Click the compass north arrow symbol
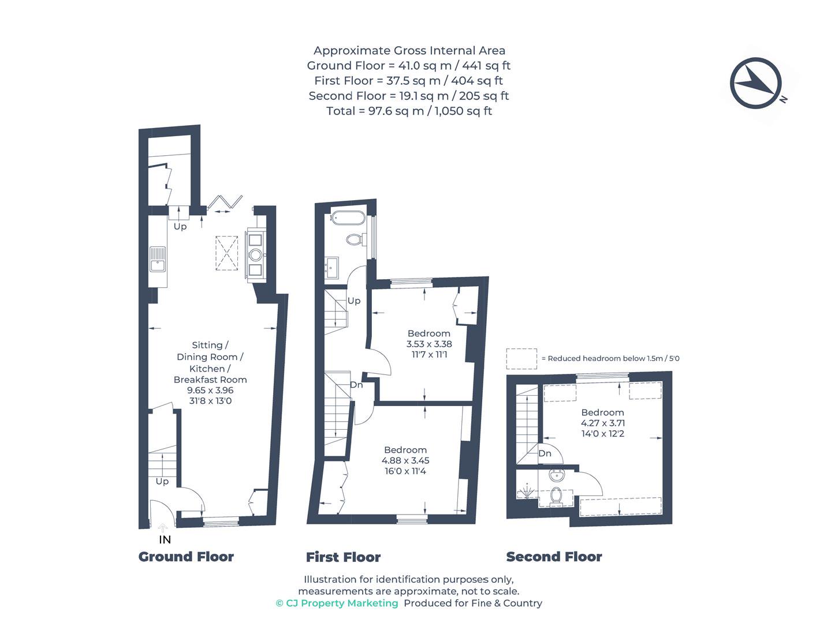pyautogui.click(x=755, y=83)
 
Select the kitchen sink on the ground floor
pyautogui.click(x=158, y=259)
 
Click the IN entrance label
pyautogui.click(x=165, y=539)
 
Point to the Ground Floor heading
pyautogui.click(x=186, y=557)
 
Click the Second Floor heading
pyautogui.click(x=554, y=557)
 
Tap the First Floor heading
pyautogui.click(x=343, y=557)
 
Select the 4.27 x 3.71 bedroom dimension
pyautogui.click(x=602, y=423)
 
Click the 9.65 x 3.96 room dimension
pyautogui.click(x=210, y=390)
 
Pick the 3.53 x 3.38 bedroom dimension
pyautogui.click(x=429, y=344)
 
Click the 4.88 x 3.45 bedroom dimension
pyautogui.click(x=405, y=460)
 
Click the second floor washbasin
pyautogui.click(x=557, y=475)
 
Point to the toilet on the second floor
pyautogui.click(x=556, y=497)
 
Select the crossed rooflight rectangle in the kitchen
pyautogui.click(x=226, y=253)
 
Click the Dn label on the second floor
pyautogui.click(x=545, y=453)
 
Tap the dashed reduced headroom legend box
pyautogui.click(x=521, y=359)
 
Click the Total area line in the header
pyautogui.click(x=409, y=111)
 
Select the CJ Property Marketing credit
pyautogui.click(x=337, y=603)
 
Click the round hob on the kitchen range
pyautogui.click(x=255, y=255)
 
